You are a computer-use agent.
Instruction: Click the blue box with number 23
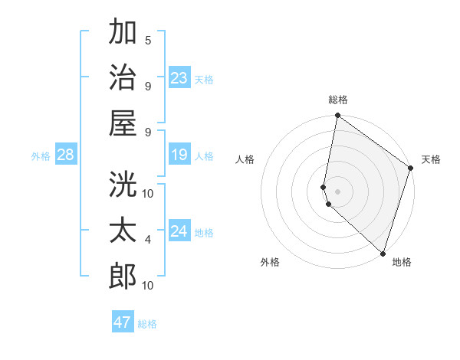[179, 78]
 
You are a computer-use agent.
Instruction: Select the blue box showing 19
[179, 155]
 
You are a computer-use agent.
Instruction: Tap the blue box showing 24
[179, 231]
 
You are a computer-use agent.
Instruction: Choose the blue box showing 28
[65, 155]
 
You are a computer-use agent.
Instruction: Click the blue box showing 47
[123, 322]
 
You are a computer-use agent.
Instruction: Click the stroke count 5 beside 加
[148, 40]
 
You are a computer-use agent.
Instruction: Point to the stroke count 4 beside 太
[148, 240]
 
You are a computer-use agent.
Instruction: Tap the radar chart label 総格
[338, 100]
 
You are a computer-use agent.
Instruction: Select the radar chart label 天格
[431, 160]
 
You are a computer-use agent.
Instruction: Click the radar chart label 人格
[245, 160]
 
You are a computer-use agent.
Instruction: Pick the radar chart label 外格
[269, 262]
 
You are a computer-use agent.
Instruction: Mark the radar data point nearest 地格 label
[383, 253]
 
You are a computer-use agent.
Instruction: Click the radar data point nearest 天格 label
[411, 169]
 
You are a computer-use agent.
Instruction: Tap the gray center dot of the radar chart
[338, 190]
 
